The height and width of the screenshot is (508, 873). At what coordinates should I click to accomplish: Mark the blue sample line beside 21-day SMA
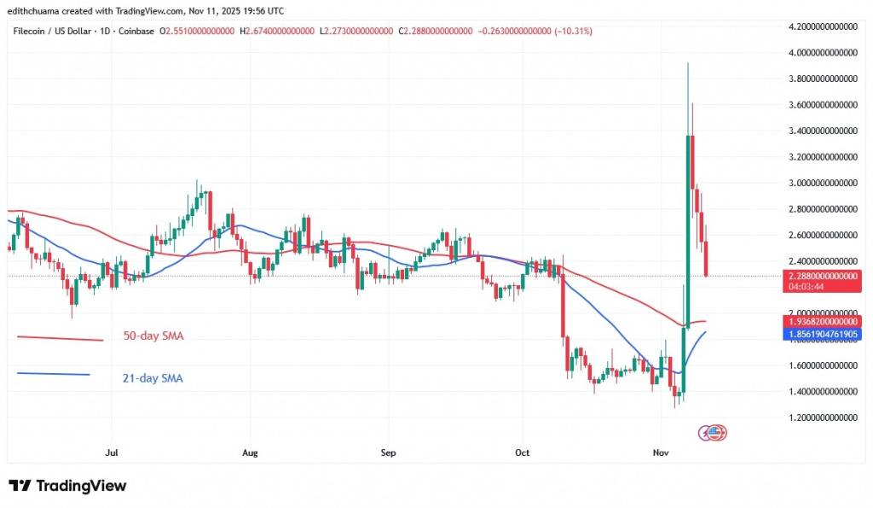[52, 373]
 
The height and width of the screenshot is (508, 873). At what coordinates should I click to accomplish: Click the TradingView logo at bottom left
[68, 486]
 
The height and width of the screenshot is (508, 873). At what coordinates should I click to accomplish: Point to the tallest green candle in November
[687, 231]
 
